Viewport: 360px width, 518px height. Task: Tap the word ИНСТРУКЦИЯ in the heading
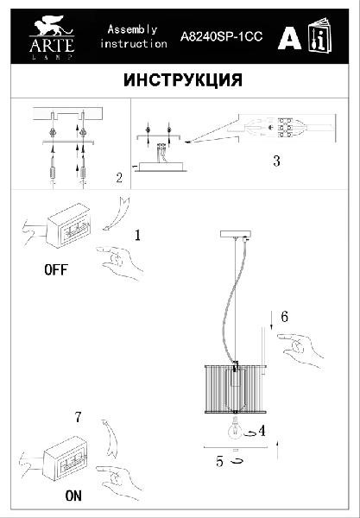[x=182, y=80]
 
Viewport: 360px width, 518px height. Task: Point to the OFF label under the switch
[x=54, y=269]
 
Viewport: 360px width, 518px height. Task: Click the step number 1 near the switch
[x=137, y=234]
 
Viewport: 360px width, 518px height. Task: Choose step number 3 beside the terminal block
[x=275, y=161]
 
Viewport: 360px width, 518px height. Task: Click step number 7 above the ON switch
[x=78, y=418]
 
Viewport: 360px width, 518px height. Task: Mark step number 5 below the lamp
[x=220, y=462]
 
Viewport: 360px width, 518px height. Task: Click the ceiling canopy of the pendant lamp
[x=235, y=234]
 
